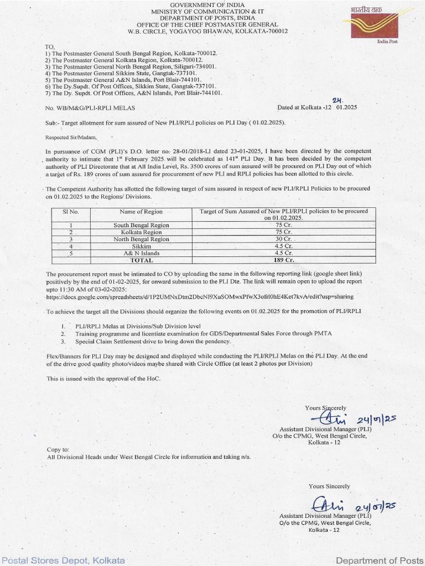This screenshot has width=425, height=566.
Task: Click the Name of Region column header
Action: (141, 211)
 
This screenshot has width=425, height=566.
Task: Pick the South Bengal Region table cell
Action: (141, 226)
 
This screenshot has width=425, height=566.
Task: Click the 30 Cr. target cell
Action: (283, 239)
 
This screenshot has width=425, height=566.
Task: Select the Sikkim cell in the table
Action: (141, 246)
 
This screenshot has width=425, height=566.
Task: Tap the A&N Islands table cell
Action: (141, 253)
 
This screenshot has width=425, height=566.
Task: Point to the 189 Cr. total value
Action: (283, 260)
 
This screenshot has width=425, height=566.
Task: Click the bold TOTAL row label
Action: (141, 260)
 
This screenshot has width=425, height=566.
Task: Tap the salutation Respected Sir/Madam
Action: (71, 137)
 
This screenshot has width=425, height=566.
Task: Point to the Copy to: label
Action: (58, 450)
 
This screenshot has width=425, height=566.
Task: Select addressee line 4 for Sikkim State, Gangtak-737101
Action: (121, 73)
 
